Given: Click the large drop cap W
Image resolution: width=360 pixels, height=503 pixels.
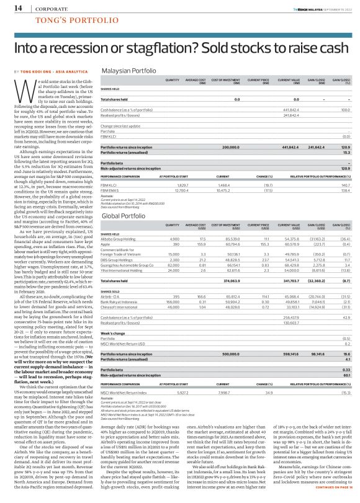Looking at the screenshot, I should (x=25, y=93).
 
